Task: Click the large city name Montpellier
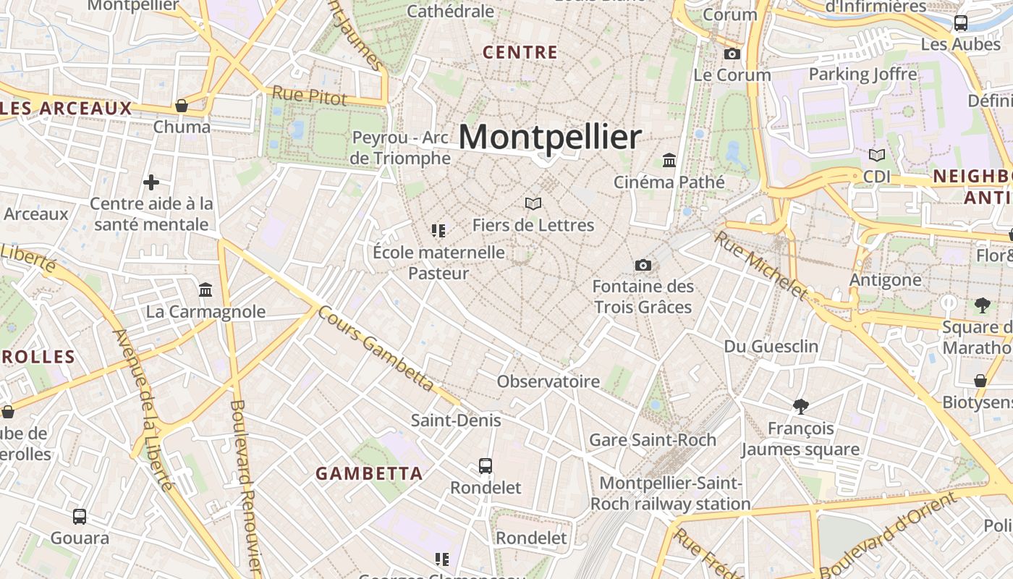(x=550, y=137)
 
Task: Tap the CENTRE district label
(x=520, y=52)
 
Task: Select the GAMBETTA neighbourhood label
(x=369, y=473)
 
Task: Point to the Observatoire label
(x=548, y=381)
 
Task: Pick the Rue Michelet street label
(x=760, y=265)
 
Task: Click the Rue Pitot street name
(x=310, y=95)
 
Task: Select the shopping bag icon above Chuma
(x=182, y=106)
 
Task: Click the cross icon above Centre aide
(x=151, y=182)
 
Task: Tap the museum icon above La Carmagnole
(x=205, y=290)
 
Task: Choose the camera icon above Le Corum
(x=732, y=54)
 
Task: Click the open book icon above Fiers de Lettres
(x=533, y=204)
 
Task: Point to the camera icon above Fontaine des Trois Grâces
(x=643, y=266)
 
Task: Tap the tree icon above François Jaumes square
(x=800, y=406)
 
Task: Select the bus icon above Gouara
(x=80, y=517)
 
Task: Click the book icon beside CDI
(x=876, y=155)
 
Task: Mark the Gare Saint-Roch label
(x=653, y=439)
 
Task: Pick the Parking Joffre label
(x=862, y=74)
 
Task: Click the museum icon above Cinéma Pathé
(x=669, y=160)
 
